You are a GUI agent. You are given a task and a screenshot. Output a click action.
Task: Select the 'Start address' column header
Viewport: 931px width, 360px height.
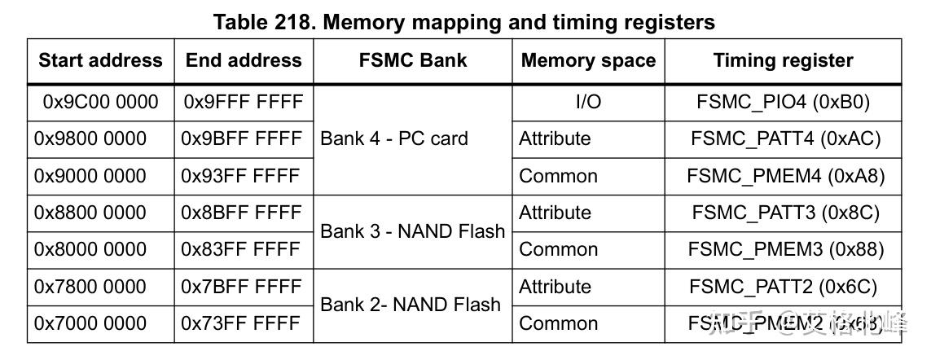pos(100,61)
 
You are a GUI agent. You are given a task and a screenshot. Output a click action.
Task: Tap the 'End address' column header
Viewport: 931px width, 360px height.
pos(244,61)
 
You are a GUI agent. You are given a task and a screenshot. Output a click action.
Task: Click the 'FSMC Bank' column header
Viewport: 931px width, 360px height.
pos(413,61)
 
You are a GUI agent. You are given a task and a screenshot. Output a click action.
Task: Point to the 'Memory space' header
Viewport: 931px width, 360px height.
pos(588,61)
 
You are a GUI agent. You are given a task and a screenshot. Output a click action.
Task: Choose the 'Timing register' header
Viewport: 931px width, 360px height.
pos(783,61)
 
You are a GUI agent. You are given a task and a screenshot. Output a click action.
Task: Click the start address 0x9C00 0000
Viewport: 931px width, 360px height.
pos(101,102)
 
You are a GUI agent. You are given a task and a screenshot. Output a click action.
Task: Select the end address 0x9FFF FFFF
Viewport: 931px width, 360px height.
pos(244,102)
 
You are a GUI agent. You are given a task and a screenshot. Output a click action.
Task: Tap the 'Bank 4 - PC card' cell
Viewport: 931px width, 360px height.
pos(394,139)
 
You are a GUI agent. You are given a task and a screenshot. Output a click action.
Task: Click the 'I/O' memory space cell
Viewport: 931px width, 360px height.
pos(588,102)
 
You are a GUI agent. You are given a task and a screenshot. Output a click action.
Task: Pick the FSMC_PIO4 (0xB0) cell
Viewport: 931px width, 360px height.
pos(783,102)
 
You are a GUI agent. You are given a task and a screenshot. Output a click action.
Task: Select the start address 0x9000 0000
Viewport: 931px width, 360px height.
pos(90,176)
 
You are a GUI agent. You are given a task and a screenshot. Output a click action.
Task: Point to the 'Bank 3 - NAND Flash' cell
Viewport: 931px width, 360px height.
pos(412,231)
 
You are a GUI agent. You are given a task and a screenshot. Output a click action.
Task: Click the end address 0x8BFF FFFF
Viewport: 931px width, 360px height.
pos(241,213)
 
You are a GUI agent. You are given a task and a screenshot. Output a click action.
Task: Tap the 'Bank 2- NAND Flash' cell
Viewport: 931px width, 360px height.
pos(411,305)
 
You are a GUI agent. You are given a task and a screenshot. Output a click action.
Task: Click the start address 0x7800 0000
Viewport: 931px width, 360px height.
pos(90,287)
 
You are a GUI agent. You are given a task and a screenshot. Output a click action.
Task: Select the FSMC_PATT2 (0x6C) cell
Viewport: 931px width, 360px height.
pos(783,287)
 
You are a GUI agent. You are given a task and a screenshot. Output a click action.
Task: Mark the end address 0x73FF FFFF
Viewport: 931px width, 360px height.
pos(240,324)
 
